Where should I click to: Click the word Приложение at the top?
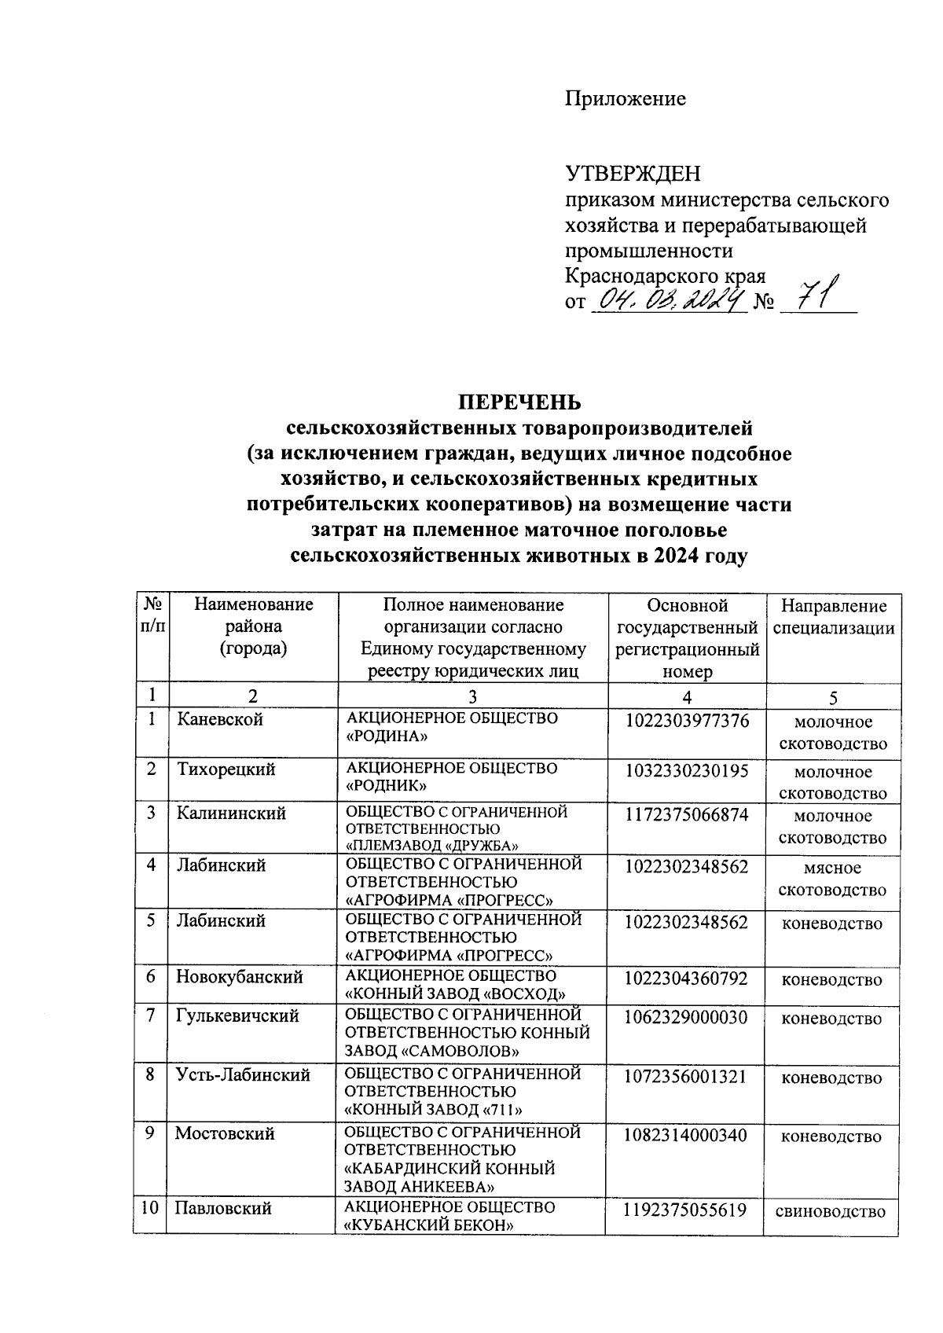(x=626, y=99)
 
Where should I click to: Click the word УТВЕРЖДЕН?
(x=633, y=174)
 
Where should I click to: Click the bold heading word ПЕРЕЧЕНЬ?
(x=520, y=402)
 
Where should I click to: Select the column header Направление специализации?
(x=833, y=617)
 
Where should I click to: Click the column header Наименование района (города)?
(x=253, y=626)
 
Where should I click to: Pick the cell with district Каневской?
(x=219, y=719)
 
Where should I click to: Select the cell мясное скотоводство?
(x=833, y=879)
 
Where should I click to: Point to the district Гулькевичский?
(x=237, y=1015)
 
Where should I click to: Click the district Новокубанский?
(x=239, y=977)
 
